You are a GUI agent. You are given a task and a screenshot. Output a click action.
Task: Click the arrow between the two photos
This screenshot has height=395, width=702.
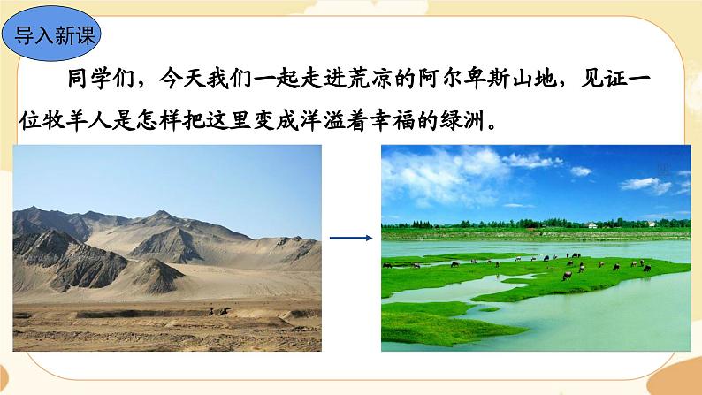[x=350, y=238]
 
